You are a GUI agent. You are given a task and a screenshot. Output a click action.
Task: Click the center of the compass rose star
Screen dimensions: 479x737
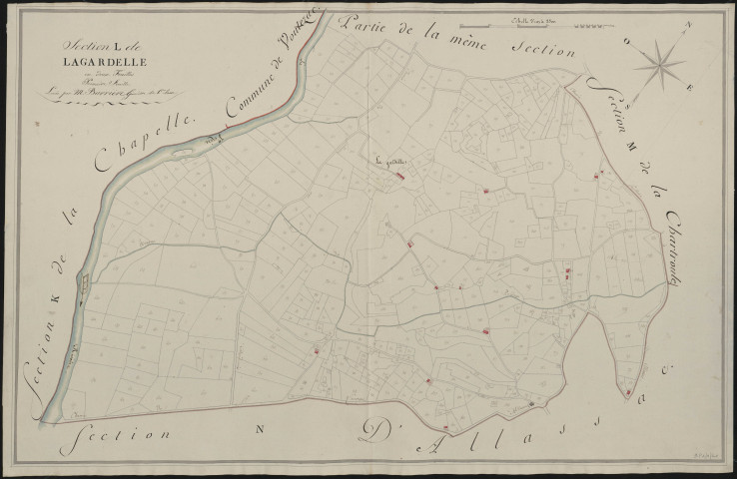[657, 65]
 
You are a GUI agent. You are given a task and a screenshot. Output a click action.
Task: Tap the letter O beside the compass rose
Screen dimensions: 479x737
[623, 42]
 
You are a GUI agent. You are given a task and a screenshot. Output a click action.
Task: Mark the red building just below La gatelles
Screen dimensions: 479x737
[400, 177]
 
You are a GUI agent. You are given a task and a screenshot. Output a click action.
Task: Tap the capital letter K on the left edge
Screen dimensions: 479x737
[57, 295]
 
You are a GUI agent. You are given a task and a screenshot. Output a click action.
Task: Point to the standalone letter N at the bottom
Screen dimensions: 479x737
[257, 430]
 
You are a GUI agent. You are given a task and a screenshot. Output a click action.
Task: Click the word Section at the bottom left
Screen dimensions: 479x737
[112, 435]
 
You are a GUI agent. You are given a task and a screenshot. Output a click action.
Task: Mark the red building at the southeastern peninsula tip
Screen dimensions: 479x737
[627, 392]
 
